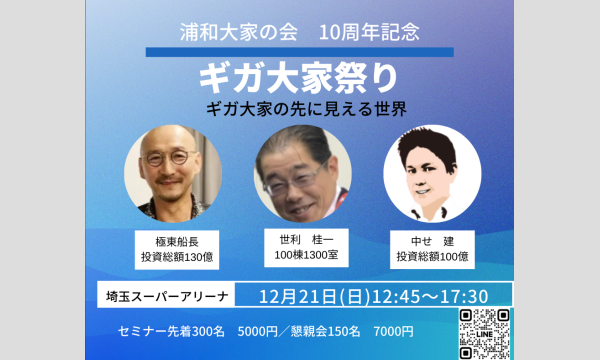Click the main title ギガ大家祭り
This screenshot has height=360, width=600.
[299, 79]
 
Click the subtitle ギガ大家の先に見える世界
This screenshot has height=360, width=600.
[300, 107]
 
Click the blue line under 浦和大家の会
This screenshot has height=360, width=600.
[299, 50]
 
